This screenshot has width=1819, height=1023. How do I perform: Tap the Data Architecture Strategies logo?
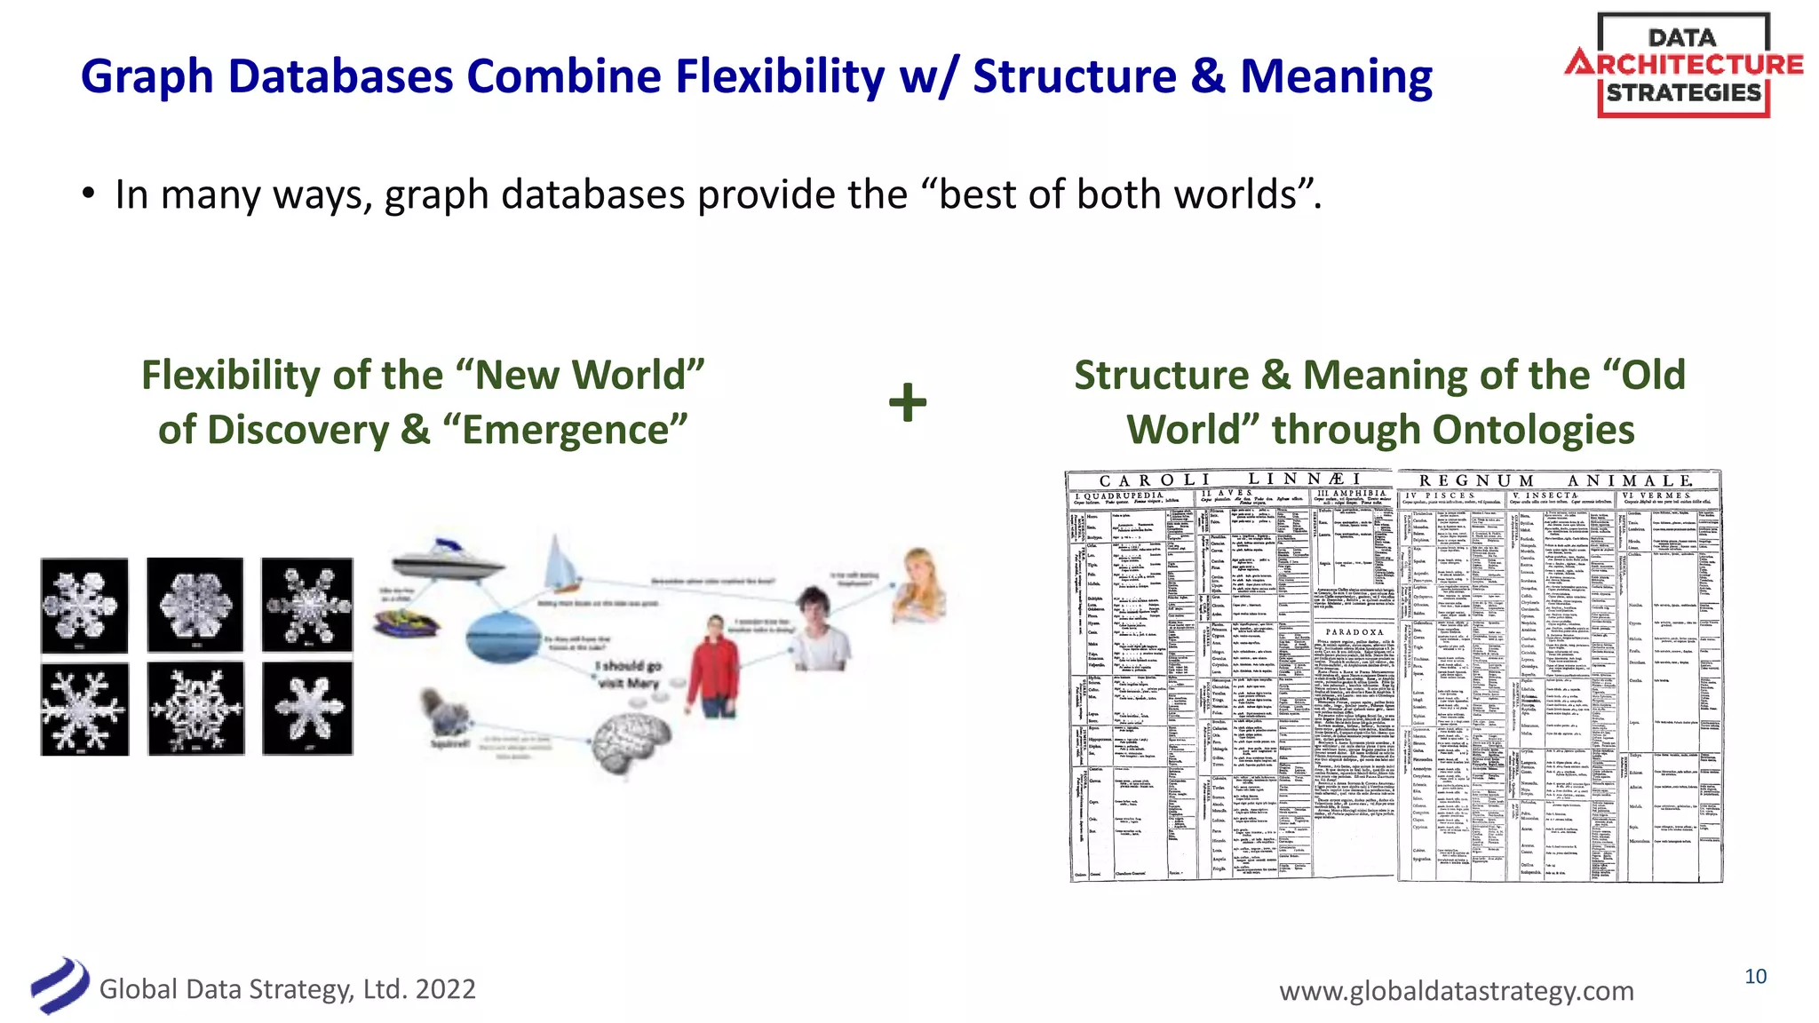click(1683, 66)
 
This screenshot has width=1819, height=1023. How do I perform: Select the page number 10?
click(1755, 977)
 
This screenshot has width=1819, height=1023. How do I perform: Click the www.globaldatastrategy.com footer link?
click(1456, 990)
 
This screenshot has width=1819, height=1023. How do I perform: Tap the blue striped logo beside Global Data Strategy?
click(60, 986)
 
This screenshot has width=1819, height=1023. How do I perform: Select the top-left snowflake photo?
click(84, 606)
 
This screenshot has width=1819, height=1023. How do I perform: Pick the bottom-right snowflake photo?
click(307, 709)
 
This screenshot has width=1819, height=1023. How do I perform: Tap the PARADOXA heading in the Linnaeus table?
click(1354, 632)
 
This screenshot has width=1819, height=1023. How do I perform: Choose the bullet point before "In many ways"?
click(88, 194)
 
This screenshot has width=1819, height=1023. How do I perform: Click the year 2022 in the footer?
click(445, 989)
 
